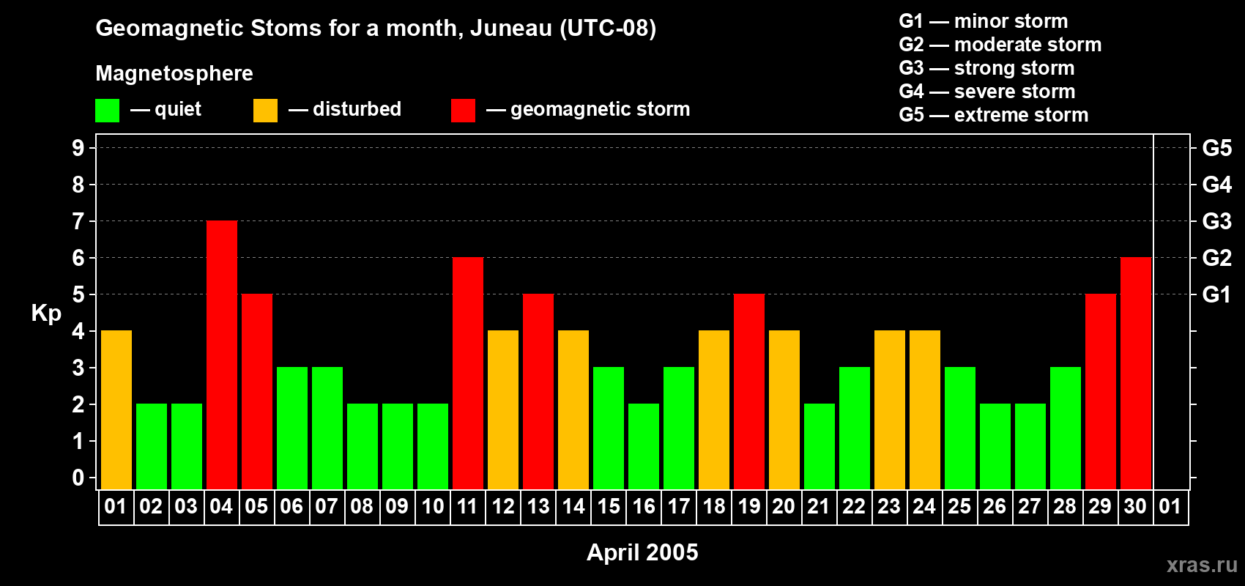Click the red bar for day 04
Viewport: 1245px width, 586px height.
(x=222, y=355)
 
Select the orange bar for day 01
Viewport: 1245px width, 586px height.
(x=116, y=409)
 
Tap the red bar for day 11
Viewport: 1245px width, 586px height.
(x=468, y=373)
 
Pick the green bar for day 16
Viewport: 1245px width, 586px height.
(x=644, y=446)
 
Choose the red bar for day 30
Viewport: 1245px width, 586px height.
(x=1136, y=373)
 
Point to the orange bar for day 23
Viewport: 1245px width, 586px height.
(x=890, y=409)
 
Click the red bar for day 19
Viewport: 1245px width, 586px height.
(x=749, y=391)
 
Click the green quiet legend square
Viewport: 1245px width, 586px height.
(x=107, y=110)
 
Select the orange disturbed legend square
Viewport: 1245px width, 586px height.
(x=265, y=110)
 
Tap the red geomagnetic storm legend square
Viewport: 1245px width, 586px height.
(x=463, y=110)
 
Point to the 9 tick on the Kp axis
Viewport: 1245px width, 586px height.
(x=78, y=148)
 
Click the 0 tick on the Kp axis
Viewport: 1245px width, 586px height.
(x=78, y=478)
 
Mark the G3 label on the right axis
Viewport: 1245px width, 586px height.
(x=1217, y=221)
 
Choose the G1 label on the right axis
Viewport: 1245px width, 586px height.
(x=1216, y=294)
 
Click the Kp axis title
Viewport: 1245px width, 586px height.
(x=46, y=314)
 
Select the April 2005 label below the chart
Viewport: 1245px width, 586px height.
(x=642, y=552)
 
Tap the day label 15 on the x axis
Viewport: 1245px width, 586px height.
(x=609, y=506)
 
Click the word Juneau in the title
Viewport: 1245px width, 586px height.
(x=511, y=29)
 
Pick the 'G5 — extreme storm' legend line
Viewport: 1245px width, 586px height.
(x=994, y=115)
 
